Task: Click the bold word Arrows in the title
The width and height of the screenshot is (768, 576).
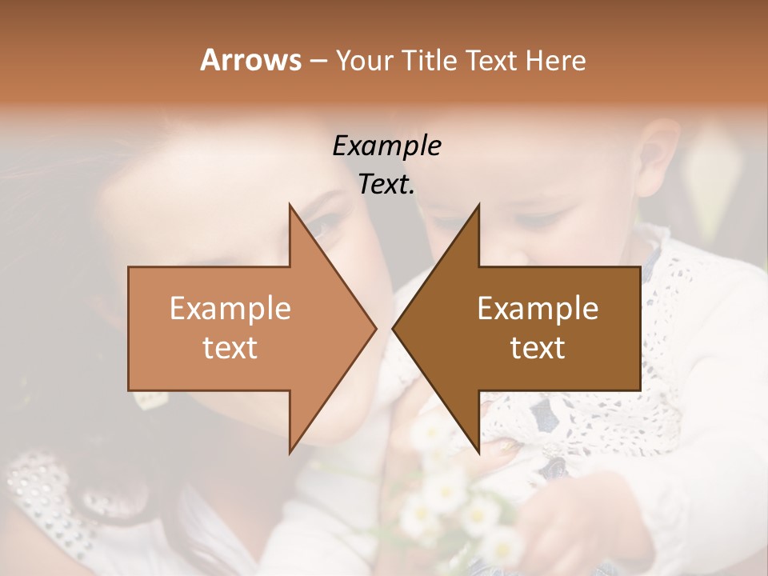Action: [250, 60]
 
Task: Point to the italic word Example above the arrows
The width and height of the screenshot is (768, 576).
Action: [386, 146]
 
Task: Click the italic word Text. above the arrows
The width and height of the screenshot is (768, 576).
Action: [386, 184]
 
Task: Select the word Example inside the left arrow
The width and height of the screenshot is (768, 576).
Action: [230, 308]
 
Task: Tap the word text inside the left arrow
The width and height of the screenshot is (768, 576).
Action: [230, 347]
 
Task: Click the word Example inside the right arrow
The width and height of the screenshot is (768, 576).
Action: [538, 308]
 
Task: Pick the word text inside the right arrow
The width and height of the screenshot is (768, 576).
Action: [538, 347]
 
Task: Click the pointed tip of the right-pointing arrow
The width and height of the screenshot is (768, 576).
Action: [375, 328]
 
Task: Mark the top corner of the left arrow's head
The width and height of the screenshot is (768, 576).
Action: [290, 205]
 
